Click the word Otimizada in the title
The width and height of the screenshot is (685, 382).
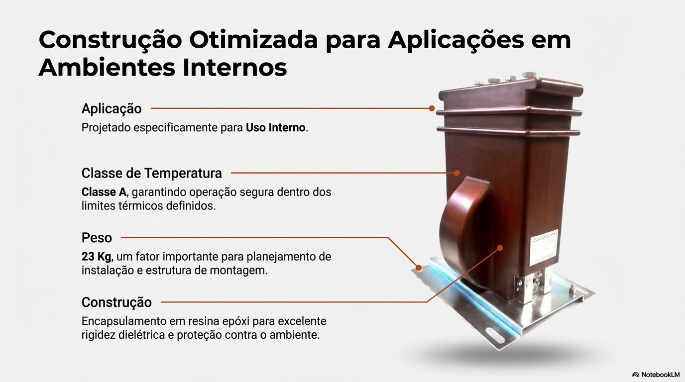(x=254, y=40)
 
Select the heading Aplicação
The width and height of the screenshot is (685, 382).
(x=112, y=109)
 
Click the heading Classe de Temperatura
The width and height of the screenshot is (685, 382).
(x=152, y=173)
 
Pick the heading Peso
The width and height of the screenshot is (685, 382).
(x=97, y=238)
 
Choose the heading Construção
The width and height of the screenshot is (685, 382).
(x=116, y=302)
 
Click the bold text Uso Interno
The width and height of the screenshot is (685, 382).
(x=275, y=128)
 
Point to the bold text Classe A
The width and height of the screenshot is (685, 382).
(x=104, y=192)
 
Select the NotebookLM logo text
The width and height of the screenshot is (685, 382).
(x=660, y=375)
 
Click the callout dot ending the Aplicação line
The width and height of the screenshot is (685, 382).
(x=432, y=108)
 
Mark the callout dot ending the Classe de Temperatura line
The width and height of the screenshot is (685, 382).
(x=457, y=173)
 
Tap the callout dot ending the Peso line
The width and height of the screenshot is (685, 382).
(x=419, y=268)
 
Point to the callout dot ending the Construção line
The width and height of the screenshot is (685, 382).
(x=500, y=248)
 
